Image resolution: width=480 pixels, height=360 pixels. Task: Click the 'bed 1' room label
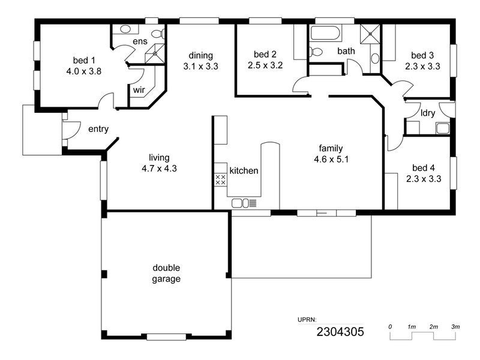point(83,60)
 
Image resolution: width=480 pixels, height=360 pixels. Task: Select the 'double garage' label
point(166,274)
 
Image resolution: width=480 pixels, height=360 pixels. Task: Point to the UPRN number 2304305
point(340,331)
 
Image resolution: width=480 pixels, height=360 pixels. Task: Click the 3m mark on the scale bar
point(456,326)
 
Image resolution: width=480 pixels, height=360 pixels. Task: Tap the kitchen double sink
point(240,203)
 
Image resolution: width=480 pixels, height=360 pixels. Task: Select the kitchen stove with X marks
point(220,179)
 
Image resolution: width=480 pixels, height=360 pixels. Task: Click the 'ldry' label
point(428,113)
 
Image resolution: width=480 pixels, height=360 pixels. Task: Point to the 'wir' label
point(139,91)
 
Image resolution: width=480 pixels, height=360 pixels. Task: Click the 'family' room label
point(331,148)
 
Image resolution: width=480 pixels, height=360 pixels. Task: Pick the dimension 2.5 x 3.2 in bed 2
point(265,65)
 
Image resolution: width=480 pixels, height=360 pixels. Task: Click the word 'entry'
point(98,129)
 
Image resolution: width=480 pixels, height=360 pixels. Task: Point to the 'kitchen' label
point(244,171)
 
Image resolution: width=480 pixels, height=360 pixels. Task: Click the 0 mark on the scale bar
point(390,326)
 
